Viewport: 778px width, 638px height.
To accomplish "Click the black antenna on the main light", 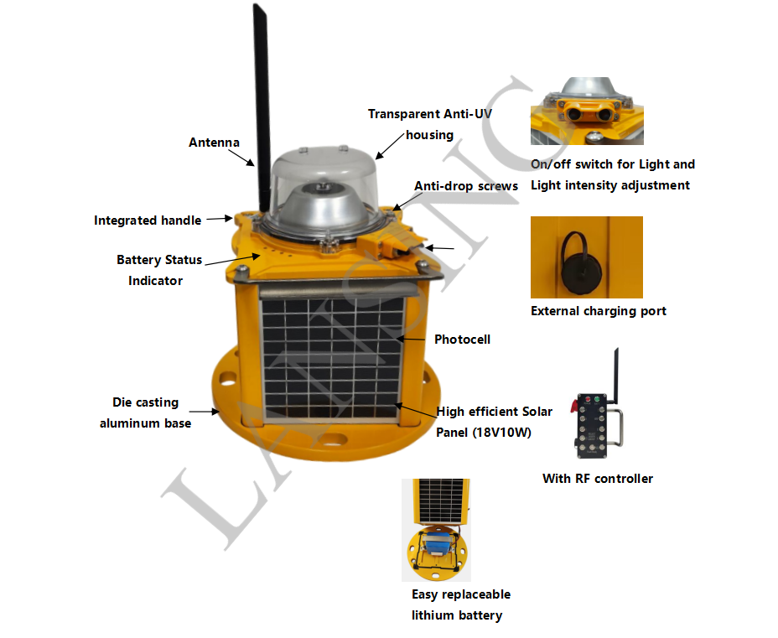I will click(260, 101).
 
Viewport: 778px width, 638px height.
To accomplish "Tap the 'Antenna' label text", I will click(214, 143).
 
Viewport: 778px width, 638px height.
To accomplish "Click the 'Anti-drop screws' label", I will click(466, 185).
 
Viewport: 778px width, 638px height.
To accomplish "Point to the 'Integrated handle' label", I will click(148, 220).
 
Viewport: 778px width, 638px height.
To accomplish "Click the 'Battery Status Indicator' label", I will click(158, 270).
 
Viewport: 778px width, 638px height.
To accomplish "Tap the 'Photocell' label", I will click(462, 340).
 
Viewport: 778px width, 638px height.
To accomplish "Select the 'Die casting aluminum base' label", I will click(145, 412).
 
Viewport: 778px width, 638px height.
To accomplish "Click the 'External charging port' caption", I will click(599, 311).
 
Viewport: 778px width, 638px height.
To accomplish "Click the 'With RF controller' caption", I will click(597, 479).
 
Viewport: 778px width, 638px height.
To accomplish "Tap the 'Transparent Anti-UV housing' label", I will click(428, 124).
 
